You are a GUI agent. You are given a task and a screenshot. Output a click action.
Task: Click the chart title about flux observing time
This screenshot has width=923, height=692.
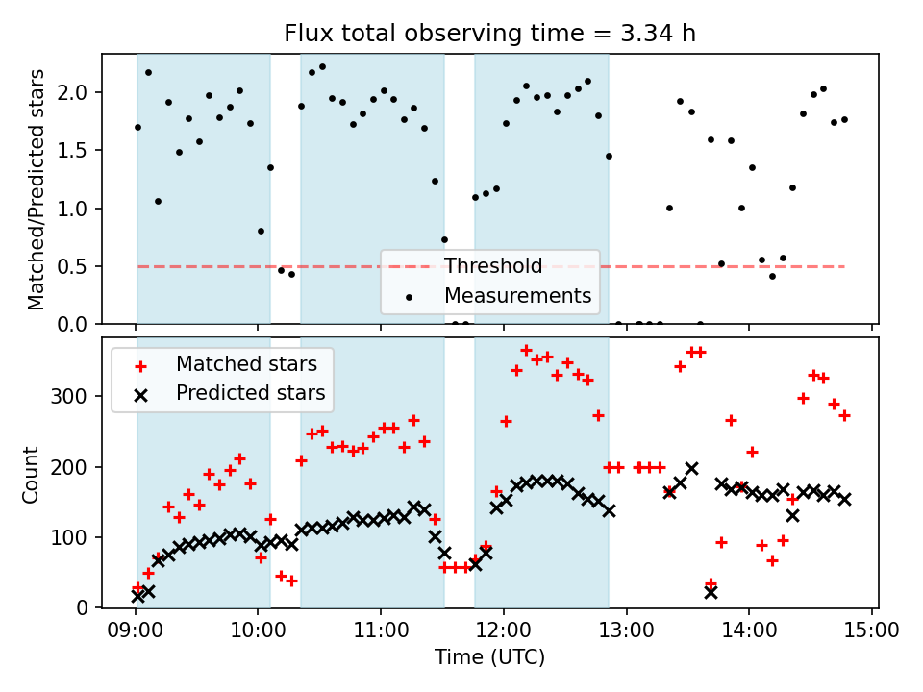coord(489,34)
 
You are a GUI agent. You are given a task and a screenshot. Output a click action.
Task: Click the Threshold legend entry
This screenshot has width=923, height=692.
coord(493,266)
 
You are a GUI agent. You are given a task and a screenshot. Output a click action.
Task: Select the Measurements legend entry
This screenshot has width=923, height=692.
coord(517,295)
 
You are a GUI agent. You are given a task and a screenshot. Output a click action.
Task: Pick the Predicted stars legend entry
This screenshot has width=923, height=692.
coord(250,393)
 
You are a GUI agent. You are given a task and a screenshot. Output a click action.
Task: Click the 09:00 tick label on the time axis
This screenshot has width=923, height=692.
coord(135,630)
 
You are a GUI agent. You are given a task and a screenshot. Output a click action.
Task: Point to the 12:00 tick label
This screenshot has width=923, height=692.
coord(504,630)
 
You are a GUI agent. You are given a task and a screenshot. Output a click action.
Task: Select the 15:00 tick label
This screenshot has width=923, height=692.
coord(872,630)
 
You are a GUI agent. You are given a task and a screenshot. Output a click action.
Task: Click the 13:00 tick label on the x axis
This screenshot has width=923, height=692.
coord(627,630)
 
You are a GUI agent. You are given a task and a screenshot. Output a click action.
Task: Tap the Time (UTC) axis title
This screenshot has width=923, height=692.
coord(489,658)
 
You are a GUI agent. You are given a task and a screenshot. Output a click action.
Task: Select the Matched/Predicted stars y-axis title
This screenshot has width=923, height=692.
coord(37,189)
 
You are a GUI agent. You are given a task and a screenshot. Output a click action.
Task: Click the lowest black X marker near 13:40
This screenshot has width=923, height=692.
coord(711,591)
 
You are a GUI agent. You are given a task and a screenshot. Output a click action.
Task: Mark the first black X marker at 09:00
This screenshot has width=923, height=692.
coord(137,596)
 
